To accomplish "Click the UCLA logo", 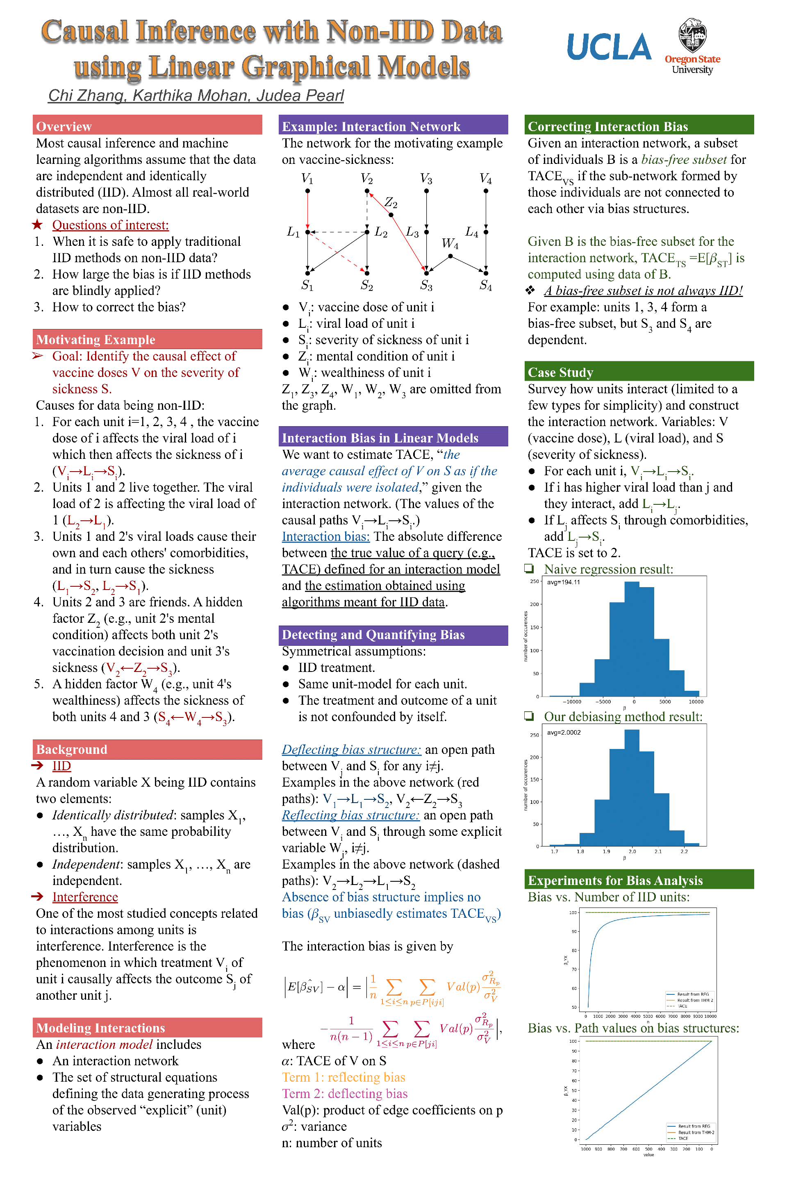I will point(609,47).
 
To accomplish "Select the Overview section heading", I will point(64,127).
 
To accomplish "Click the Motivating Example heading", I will point(96,340).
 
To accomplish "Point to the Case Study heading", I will point(560,372).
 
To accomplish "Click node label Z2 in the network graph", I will point(391,203).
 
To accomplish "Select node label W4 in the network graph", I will point(450,244).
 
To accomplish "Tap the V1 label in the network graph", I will point(307,179).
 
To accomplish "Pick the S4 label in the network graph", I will point(485,286).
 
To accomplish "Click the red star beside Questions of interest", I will point(37,225).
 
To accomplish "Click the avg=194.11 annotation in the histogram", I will point(563,583).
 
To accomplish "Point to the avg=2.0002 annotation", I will point(564,733).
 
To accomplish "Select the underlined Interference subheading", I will point(85,897).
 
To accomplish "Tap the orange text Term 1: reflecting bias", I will point(343,1077).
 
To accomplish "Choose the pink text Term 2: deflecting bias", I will point(344,1094).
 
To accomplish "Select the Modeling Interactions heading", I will point(100,1028).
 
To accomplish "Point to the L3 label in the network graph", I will point(412,232).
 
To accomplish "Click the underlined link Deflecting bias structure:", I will point(351,749).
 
